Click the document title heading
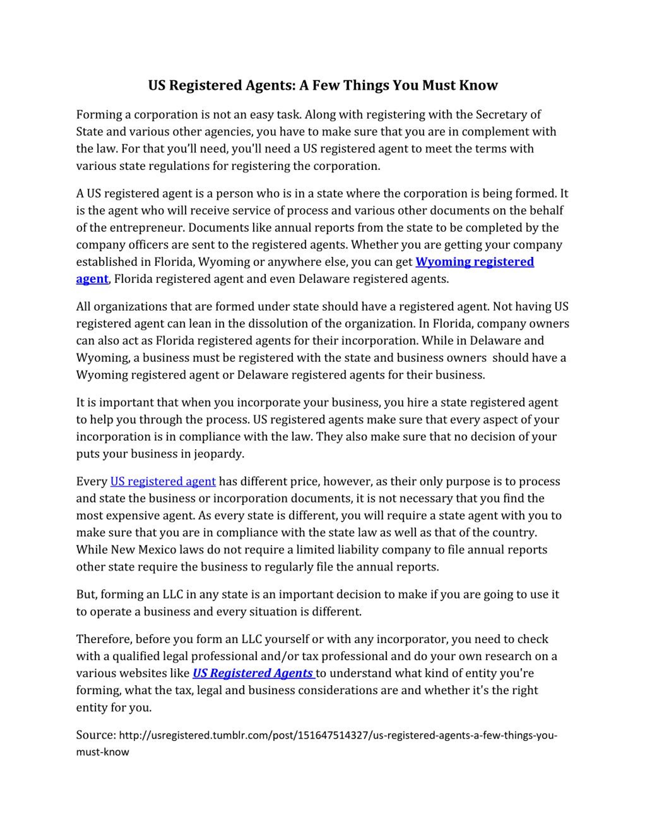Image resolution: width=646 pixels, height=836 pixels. pos(322,85)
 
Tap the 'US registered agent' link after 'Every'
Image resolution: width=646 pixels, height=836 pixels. pos(163,481)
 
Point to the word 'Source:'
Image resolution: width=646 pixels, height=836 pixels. pos(96,735)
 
